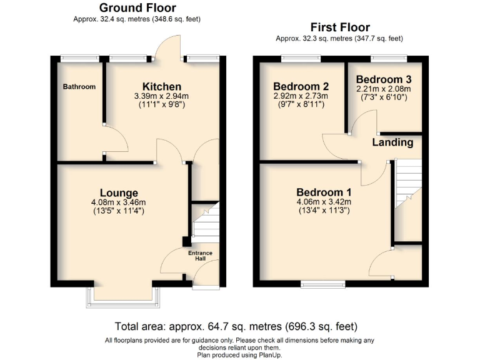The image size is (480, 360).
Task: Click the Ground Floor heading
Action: pyautogui.click(x=137, y=8)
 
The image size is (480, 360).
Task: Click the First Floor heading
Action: pyautogui.click(x=340, y=27)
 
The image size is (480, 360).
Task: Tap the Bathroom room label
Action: pyautogui.click(x=79, y=87)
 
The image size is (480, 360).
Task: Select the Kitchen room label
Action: pyautogui.click(x=162, y=86)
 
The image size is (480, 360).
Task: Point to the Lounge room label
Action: pyautogui.click(x=119, y=192)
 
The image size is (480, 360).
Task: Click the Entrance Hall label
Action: pyautogui.click(x=201, y=256)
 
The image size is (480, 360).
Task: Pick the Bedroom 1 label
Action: pyautogui.click(x=324, y=192)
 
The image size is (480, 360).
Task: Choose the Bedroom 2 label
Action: pyautogui.click(x=301, y=86)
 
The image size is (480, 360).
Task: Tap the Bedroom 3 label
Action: pyautogui.click(x=384, y=79)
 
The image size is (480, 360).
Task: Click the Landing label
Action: pyautogui.click(x=392, y=142)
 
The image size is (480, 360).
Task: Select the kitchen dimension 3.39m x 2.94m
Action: pyautogui.click(x=161, y=96)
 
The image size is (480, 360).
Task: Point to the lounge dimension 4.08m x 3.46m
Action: pyautogui.click(x=119, y=202)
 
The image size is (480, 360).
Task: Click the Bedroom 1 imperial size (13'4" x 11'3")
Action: pyautogui.click(x=324, y=211)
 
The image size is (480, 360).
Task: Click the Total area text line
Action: pyautogui.click(x=236, y=326)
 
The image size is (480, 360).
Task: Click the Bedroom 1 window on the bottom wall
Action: pyautogui.click(x=323, y=284)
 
